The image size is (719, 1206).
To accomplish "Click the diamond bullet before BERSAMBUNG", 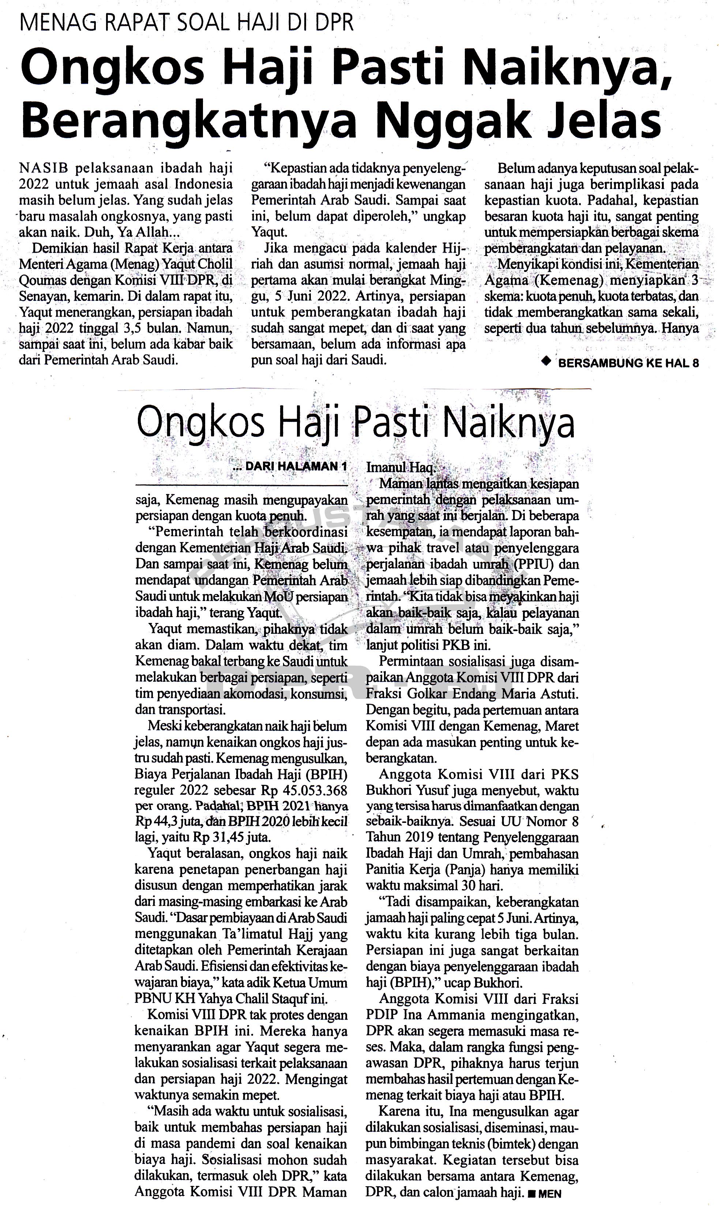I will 547,362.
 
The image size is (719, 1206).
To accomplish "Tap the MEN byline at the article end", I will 549,1194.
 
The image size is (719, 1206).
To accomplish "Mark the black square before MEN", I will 532,1194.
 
